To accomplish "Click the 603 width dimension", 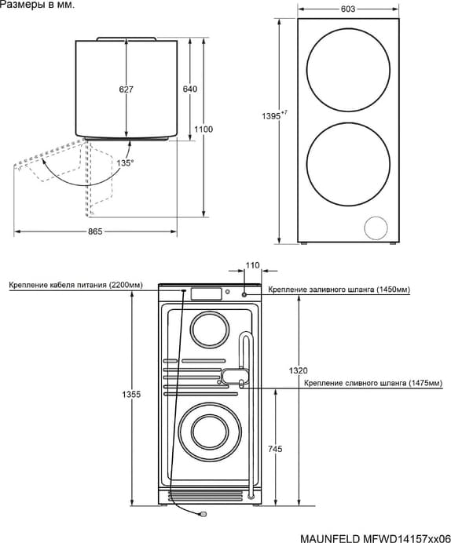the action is coord(348,9).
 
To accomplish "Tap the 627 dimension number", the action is coord(126,89).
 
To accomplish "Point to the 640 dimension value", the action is coord(190,89).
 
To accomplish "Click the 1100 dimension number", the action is coord(203,129).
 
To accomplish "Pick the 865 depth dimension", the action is coord(95,231).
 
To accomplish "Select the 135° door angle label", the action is coord(125,162).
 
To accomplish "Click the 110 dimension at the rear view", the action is coord(252,265).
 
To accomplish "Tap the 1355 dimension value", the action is coord(131,394).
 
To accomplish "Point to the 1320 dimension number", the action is coord(298,370).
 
